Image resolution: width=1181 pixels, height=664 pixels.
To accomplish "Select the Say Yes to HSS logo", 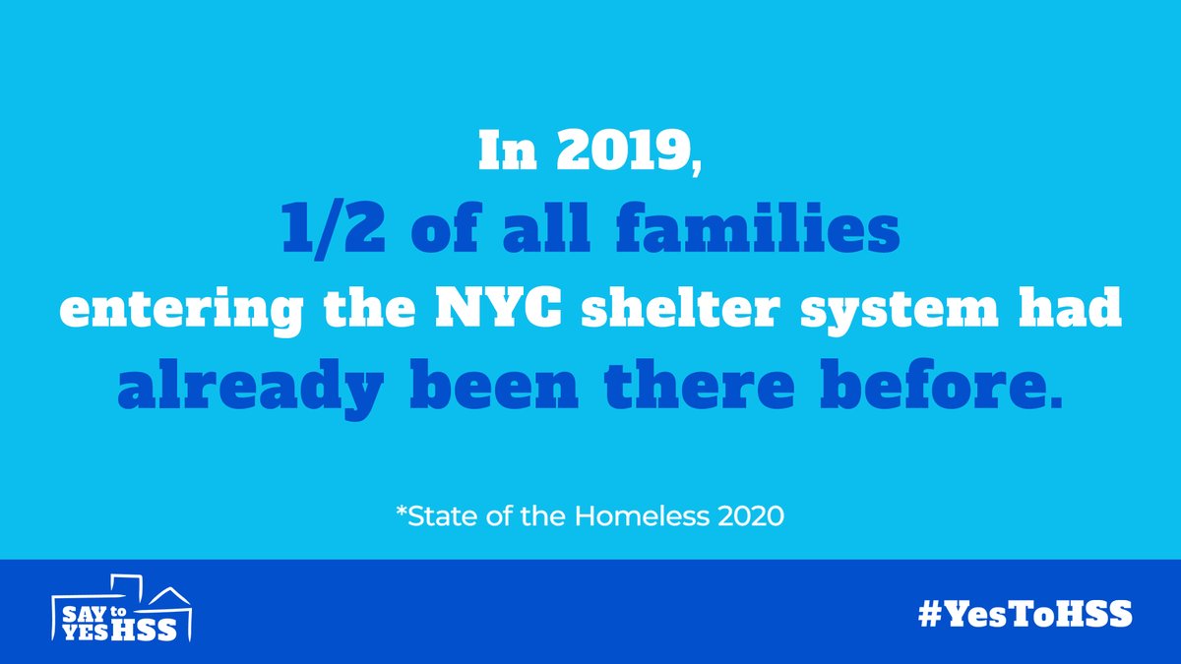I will point(123,611).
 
